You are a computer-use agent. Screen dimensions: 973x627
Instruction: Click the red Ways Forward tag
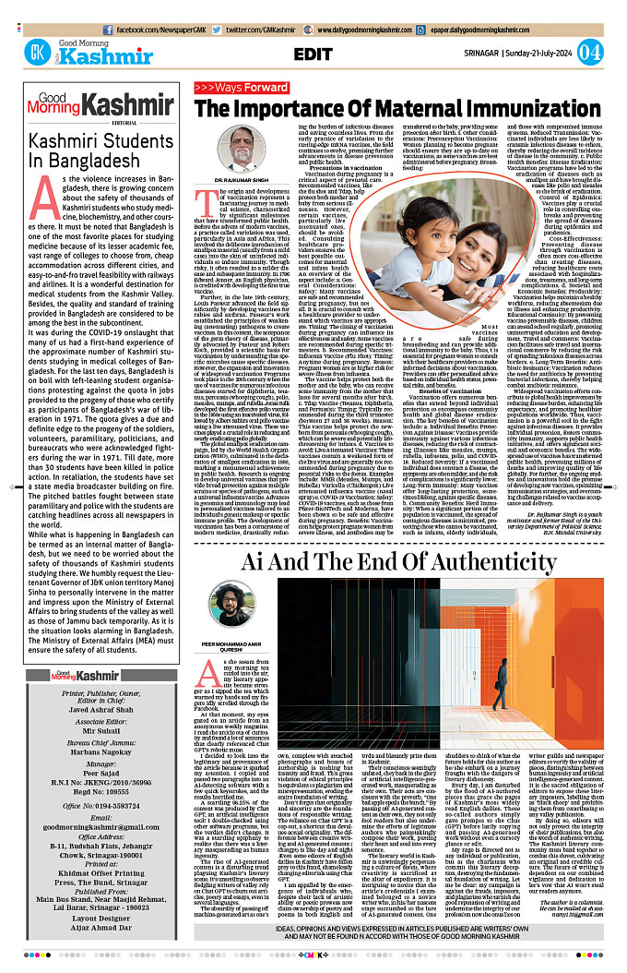coord(241,88)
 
